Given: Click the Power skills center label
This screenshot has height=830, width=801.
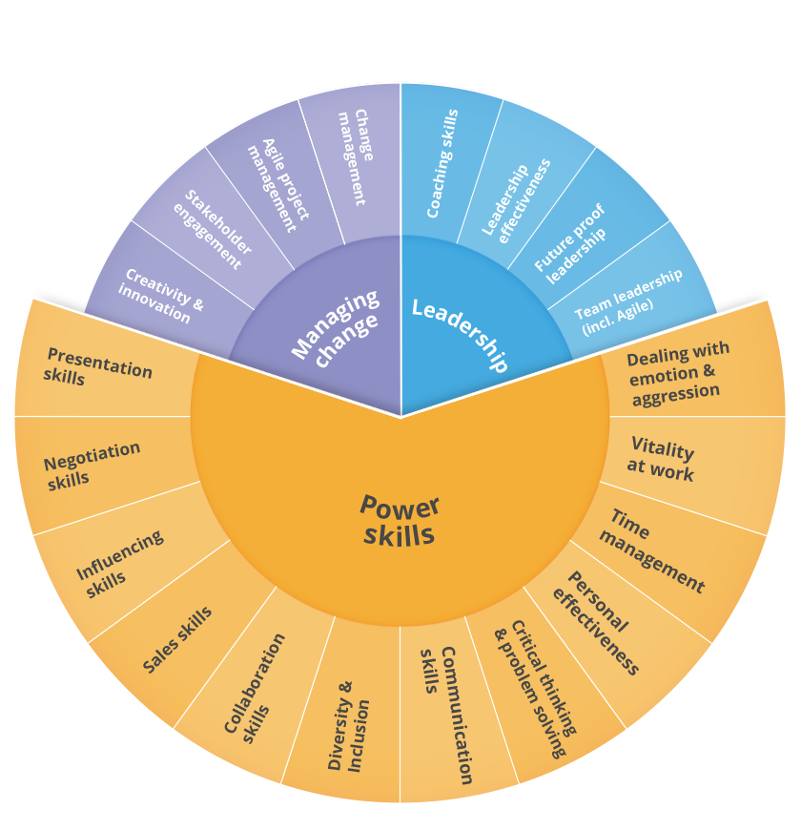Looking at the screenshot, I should (x=400, y=520).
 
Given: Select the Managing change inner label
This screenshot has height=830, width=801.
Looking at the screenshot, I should (x=335, y=326).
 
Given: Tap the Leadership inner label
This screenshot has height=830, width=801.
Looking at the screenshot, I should (x=459, y=334).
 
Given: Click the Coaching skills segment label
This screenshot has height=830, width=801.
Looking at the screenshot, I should (x=442, y=163).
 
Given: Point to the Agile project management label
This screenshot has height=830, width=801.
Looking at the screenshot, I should (x=278, y=185).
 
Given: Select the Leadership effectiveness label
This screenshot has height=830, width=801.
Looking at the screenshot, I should (x=516, y=197).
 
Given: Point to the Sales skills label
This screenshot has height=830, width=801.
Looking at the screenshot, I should (x=177, y=640).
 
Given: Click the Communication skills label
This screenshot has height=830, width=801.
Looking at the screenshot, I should (x=447, y=715).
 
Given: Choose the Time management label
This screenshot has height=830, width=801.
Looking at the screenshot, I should (x=654, y=553).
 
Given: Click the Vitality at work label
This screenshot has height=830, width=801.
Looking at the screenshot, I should (x=662, y=459).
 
